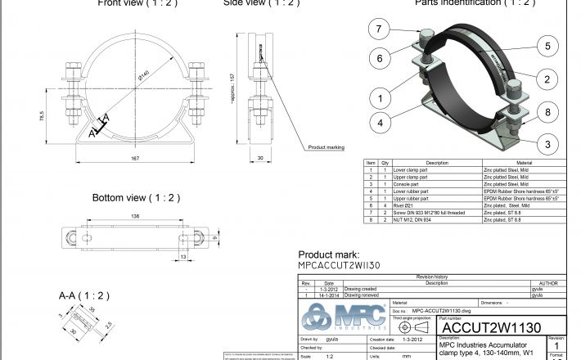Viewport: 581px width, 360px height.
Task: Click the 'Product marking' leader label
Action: click(x=326, y=147)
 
